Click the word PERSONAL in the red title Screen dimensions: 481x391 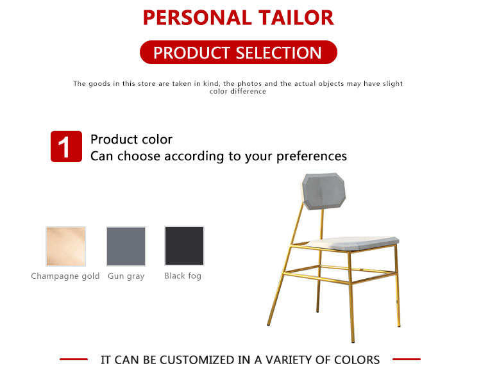coord(198,18)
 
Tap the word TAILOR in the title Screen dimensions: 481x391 coord(296,18)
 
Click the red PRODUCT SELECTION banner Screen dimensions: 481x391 coord(239,53)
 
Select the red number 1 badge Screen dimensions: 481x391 coord(66,147)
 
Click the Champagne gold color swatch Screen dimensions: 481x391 coord(65,246)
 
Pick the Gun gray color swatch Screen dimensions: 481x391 coord(126,246)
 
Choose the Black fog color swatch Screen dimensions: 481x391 coord(184,245)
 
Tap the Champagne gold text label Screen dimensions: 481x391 coord(65,276)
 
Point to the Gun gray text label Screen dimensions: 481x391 coord(126,276)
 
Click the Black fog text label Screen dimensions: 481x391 coord(183,276)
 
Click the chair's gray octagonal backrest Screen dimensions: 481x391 coord(324,192)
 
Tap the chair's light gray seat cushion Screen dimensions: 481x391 coord(353,243)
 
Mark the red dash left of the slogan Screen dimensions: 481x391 coord(74,359)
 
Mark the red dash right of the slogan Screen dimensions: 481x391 coord(407,359)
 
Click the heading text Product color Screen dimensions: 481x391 coord(131,140)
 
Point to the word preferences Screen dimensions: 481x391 coord(312,156)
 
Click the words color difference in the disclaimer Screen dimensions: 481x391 coord(238,92)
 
